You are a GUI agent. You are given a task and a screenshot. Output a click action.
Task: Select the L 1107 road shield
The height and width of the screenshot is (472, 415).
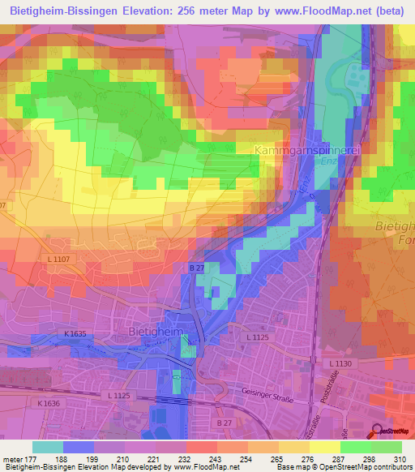coord(54,259)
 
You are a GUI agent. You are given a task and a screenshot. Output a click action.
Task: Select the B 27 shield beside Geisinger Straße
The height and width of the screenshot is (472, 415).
coord(224,423)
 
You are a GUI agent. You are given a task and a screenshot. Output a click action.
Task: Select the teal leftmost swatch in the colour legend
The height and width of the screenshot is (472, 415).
coord(47,447)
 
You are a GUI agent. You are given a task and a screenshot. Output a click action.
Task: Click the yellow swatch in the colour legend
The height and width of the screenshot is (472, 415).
coord(324,447)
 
